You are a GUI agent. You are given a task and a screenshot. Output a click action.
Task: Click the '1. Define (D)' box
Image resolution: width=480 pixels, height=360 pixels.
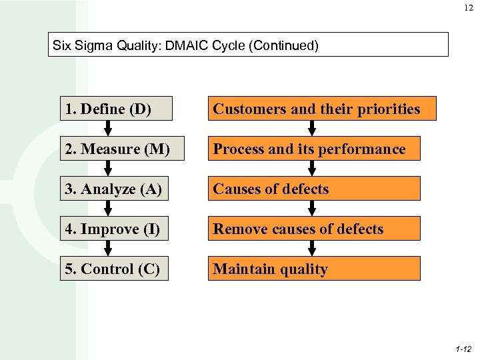[x=116, y=109]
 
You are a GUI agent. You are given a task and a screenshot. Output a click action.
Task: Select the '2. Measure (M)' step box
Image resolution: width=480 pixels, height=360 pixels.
[x=116, y=149]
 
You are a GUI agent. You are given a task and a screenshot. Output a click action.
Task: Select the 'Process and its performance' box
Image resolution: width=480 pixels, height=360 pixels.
[x=314, y=149]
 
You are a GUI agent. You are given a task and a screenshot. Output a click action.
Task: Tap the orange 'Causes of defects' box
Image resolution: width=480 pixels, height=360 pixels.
[x=314, y=189]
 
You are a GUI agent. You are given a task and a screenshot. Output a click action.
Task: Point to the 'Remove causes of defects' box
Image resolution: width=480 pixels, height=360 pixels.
[x=314, y=229]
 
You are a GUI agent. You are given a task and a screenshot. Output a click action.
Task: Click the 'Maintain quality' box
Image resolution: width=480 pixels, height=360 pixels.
[x=314, y=269]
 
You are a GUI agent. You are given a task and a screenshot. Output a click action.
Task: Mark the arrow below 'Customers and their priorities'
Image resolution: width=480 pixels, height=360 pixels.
[x=311, y=129]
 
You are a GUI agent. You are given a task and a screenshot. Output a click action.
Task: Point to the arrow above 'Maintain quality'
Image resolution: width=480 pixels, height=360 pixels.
[x=311, y=249]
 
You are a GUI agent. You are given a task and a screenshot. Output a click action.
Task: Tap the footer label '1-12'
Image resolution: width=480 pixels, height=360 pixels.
[x=463, y=349]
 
